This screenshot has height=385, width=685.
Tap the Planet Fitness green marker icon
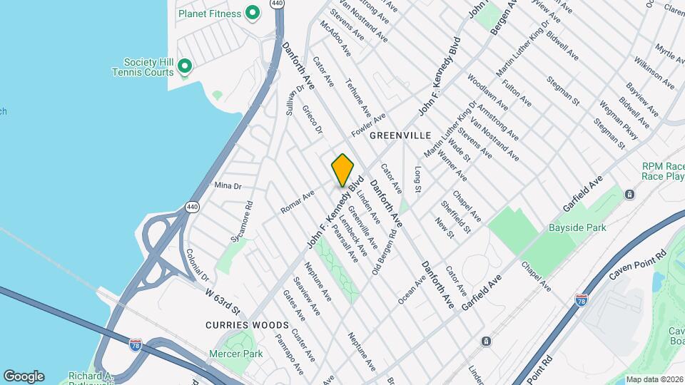click(252, 13)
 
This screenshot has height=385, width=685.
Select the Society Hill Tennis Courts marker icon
click(185, 67)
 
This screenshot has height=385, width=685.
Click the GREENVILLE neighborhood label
click(400, 135)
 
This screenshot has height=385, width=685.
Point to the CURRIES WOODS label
click(247, 325)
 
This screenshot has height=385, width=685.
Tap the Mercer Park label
click(236, 354)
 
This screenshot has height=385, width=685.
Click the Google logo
click(24, 376)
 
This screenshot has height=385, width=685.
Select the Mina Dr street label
click(228, 186)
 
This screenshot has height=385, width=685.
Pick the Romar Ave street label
click(298, 202)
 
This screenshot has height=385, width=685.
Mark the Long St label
click(418, 178)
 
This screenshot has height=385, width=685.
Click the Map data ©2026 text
click(654, 379)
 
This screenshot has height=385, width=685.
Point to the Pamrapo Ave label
click(290, 361)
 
